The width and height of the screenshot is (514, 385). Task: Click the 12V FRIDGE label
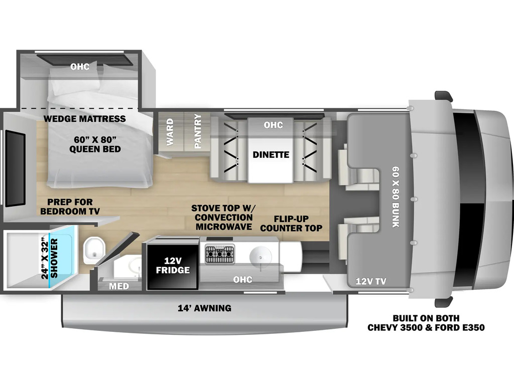pos(173,266)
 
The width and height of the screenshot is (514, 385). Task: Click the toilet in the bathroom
pos(94,251)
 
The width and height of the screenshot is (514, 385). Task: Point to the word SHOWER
pos(54,258)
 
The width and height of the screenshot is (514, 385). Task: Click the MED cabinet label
pos(119,286)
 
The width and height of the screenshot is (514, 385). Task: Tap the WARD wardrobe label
pos(170,132)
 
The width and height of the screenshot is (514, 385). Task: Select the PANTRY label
pos(198,131)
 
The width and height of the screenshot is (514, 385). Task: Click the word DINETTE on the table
pos(271,154)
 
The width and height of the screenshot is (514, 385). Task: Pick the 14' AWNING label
pos(205,308)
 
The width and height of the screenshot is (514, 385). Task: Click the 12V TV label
pos(371,281)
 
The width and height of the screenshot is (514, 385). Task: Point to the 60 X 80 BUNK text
pos(396,197)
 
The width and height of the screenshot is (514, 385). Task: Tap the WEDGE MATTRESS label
pos(84,118)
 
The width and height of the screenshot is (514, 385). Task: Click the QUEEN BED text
pos(95,149)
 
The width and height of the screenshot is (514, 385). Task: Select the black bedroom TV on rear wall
pos(15,168)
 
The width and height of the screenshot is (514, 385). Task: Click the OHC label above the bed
pos(80,67)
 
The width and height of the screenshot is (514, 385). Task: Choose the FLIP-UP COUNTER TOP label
pos(291,223)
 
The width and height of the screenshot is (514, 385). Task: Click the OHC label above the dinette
pos(273,125)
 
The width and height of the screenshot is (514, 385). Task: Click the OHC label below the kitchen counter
pos(242,280)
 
